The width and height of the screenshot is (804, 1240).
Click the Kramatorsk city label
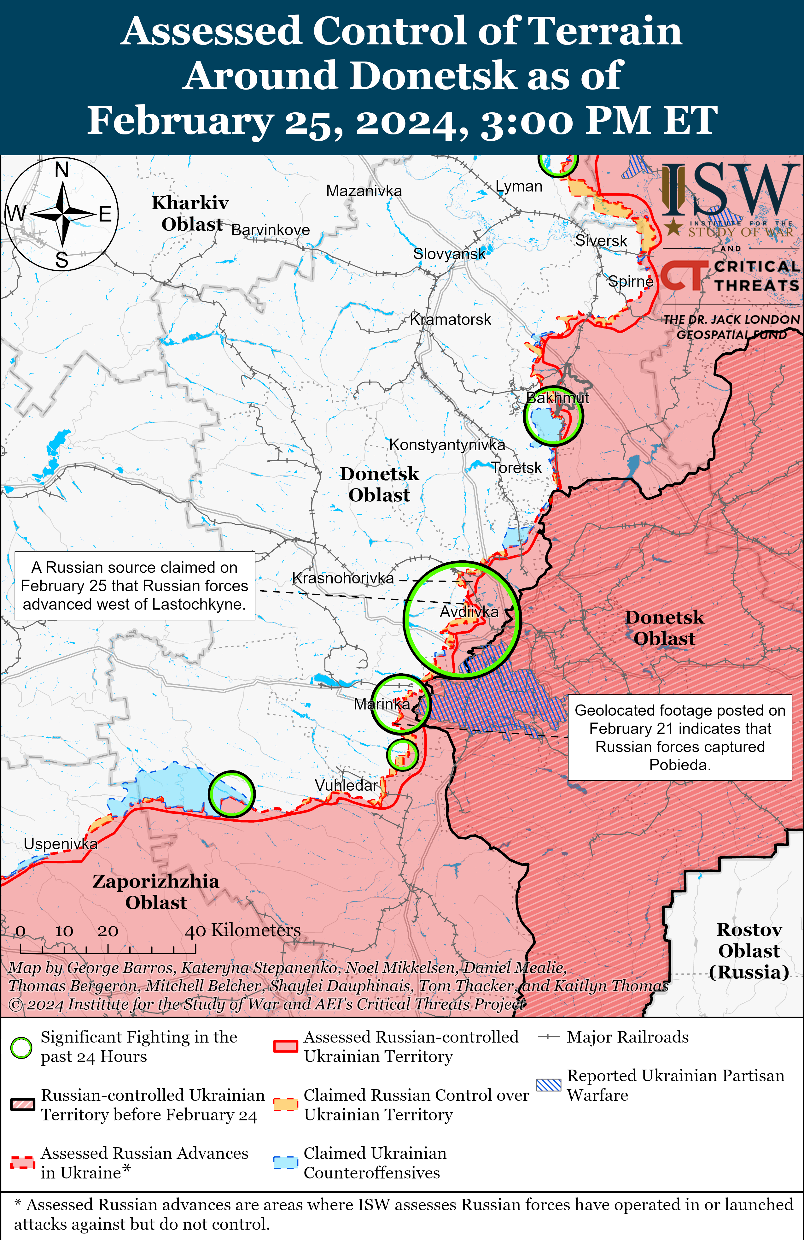tap(451, 319)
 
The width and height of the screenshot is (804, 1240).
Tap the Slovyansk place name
tap(449, 254)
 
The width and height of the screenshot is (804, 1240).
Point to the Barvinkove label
tap(270, 230)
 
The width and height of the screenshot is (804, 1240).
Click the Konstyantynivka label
tap(447, 445)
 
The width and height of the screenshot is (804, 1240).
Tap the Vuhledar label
tap(346, 785)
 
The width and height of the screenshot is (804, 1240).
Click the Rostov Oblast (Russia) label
tap(749, 951)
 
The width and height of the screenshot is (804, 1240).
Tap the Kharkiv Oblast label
tap(190, 213)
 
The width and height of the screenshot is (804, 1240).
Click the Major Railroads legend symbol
tap(548, 1037)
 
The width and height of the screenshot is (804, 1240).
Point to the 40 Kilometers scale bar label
tap(243, 930)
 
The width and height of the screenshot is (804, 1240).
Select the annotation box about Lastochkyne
tap(134, 586)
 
